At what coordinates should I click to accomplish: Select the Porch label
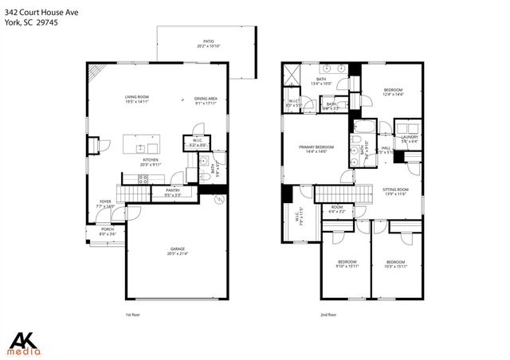coord(107,231)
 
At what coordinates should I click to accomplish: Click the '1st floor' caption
coord(133,315)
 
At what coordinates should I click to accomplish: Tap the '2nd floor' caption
coord(329,315)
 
